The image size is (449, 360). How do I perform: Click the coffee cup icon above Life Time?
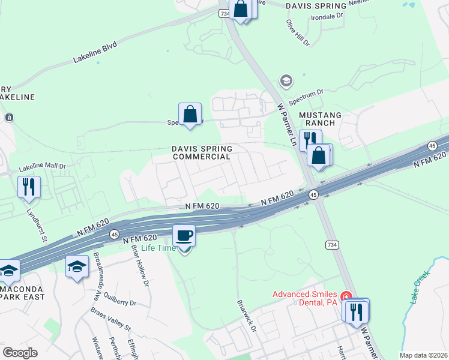pyautogui.click(x=184, y=235)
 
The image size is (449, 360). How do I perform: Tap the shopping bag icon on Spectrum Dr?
pyautogui.click(x=190, y=113)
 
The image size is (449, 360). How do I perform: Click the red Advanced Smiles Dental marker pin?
pyautogui.click(x=346, y=297)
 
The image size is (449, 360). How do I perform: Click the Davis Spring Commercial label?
pyautogui.click(x=201, y=152)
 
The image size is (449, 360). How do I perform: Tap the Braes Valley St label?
pyautogui.click(x=110, y=320)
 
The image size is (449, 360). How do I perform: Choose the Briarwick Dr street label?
pyautogui.click(x=247, y=317)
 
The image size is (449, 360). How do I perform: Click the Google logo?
pyautogui.click(x=20, y=352)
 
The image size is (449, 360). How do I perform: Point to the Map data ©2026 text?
pyautogui.click(x=423, y=355)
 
